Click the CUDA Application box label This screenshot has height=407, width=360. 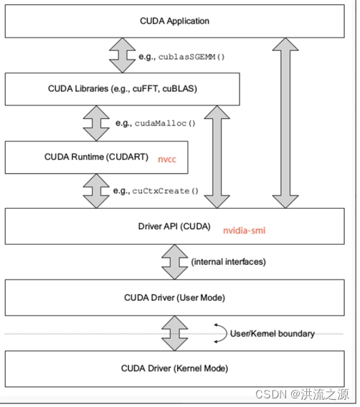pos(175,21)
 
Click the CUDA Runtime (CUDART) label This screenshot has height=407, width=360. pos(96,158)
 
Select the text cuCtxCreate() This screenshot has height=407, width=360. pos(165,192)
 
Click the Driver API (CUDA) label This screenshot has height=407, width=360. pos(174,227)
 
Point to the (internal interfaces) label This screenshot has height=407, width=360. pos(228,262)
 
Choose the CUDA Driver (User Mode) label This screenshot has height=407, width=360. pos(175,298)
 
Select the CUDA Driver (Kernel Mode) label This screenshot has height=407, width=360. pos(175,368)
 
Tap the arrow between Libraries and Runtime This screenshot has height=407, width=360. pos(95,123)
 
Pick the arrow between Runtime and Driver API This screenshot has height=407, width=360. pos(95,192)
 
